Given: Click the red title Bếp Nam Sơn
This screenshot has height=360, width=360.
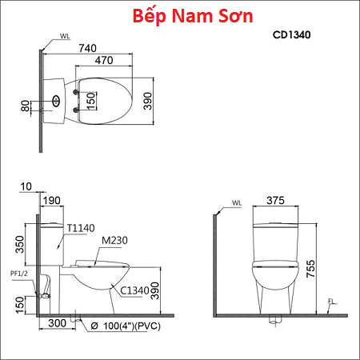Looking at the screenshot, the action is click(193, 16).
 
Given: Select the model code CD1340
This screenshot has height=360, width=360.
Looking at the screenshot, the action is click(291, 35).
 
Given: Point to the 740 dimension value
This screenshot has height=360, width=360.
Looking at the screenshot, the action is click(87, 48).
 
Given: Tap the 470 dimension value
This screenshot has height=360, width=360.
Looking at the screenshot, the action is click(104, 60).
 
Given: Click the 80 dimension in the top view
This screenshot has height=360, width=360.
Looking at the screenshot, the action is click(26, 106).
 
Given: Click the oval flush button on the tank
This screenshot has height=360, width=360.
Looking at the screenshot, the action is click(56, 101).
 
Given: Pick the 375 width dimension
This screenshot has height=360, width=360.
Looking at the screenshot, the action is click(275, 200).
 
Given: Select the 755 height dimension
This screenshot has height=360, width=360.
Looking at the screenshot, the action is click(311, 269).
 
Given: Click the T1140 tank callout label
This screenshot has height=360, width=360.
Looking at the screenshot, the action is click(81, 228).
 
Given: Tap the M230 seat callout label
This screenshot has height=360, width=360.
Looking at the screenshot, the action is click(114, 240).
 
